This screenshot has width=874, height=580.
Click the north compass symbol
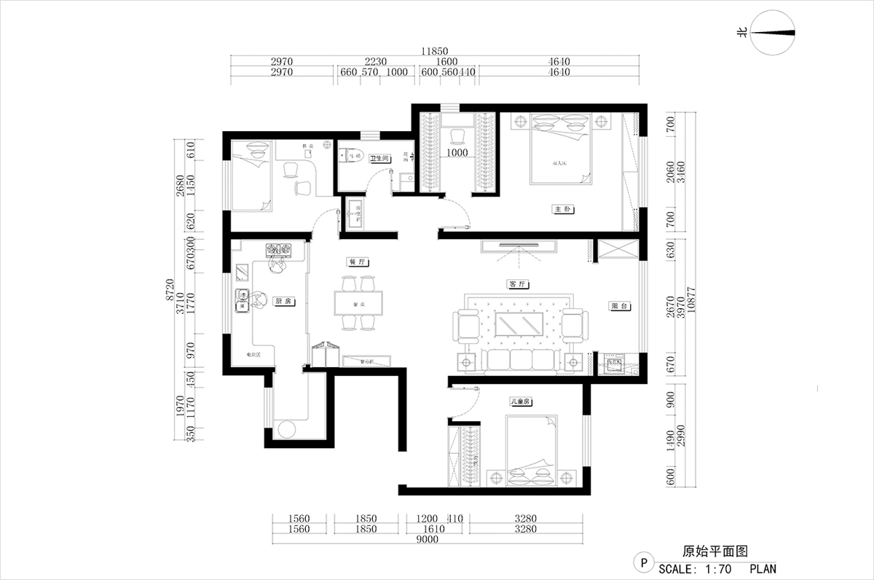[x=771, y=33]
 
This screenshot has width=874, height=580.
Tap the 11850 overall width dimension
[x=434, y=52]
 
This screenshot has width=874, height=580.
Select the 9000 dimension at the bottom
[x=428, y=540]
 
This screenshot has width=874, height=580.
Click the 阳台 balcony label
[x=620, y=307]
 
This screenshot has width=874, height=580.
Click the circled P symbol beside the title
[x=643, y=562]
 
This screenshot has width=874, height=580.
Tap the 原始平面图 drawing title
[x=706, y=552]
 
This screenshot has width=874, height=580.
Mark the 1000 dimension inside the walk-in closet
[x=457, y=154]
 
